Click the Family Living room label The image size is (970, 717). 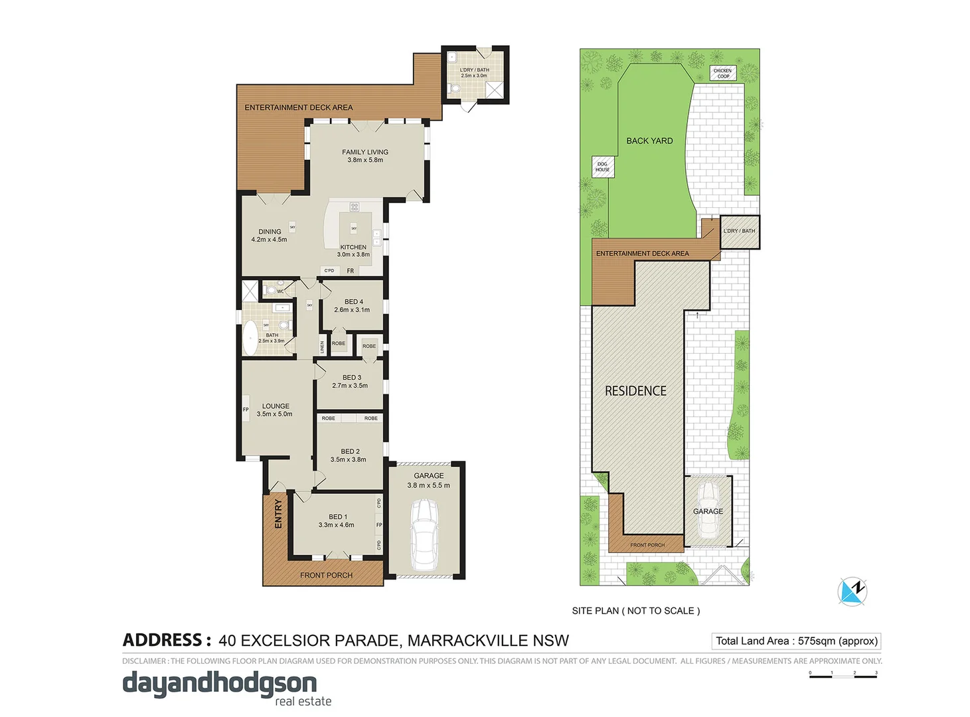pyautogui.click(x=364, y=156)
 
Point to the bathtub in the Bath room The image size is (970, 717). pyautogui.click(x=250, y=338)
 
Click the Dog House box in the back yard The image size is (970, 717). pyautogui.click(x=602, y=167)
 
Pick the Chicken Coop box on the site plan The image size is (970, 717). pyautogui.click(x=722, y=73)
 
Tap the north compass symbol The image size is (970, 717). pyautogui.click(x=852, y=590)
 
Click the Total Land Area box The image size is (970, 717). pyautogui.click(x=796, y=641)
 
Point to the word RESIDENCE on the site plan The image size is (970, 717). pyautogui.click(x=635, y=391)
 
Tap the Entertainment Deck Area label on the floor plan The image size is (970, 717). pyautogui.click(x=298, y=108)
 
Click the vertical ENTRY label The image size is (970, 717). pyautogui.click(x=278, y=514)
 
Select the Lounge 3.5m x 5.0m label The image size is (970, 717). pyautogui.click(x=275, y=410)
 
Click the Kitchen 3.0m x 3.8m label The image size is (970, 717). pyautogui.click(x=353, y=250)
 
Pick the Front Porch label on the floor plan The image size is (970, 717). pyautogui.click(x=326, y=575)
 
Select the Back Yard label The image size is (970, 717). pyautogui.click(x=649, y=141)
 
